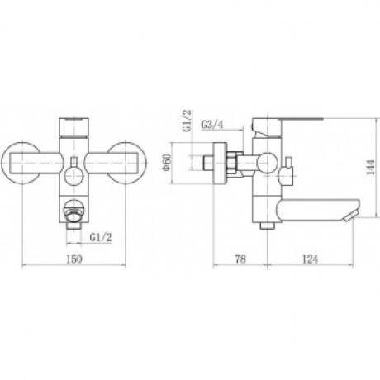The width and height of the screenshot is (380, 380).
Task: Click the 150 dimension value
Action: click(74, 259)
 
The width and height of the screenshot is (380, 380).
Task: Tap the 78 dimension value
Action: click(240, 259)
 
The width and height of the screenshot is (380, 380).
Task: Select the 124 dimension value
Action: click(310, 259)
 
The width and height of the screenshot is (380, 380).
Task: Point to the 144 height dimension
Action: click(370, 167)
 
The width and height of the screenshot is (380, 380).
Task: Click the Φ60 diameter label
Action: click(167, 162)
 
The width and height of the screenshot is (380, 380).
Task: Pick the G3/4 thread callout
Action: click(211, 125)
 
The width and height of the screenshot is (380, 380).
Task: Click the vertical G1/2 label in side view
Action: click(187, 121)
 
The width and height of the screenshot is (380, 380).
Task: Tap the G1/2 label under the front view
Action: click(101, 237)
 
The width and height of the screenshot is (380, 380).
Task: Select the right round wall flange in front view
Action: click(126, 163)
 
